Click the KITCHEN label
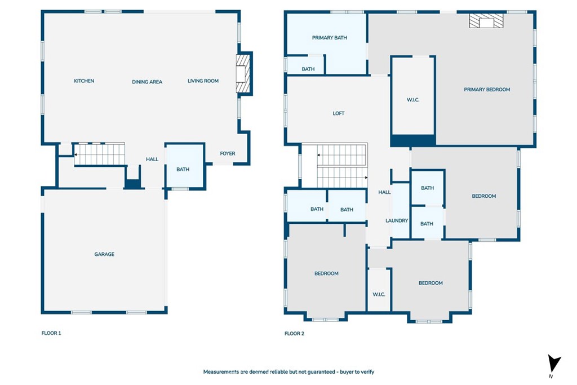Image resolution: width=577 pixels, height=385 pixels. coord(84,81)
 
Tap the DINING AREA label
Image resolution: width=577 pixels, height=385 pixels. coord(147,82)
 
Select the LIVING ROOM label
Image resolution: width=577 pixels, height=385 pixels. coord(203,81)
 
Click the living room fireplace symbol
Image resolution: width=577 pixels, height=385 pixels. coord(243,74)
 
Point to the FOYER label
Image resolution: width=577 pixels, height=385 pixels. coord(228,153)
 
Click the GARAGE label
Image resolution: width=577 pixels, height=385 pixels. coord(104,254)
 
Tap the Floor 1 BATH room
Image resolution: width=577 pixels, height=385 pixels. coord(185,166)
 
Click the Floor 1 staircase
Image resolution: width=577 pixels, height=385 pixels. coord(99,154)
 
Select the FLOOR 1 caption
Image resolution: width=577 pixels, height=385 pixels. coord(51,333)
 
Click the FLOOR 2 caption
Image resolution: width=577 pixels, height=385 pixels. coord(294,334)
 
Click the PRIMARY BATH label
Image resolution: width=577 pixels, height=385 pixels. coord(329,38)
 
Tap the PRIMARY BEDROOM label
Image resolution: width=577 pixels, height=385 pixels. coord(487,90)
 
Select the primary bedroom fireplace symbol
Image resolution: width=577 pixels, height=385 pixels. coord(486,21)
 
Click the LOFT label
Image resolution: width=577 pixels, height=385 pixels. coord(339,113)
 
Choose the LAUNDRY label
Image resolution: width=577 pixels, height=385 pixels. coord(397,220)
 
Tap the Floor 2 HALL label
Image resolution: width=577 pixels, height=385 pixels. coord(384,192)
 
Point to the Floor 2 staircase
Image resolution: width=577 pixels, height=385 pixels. coord(342,166)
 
